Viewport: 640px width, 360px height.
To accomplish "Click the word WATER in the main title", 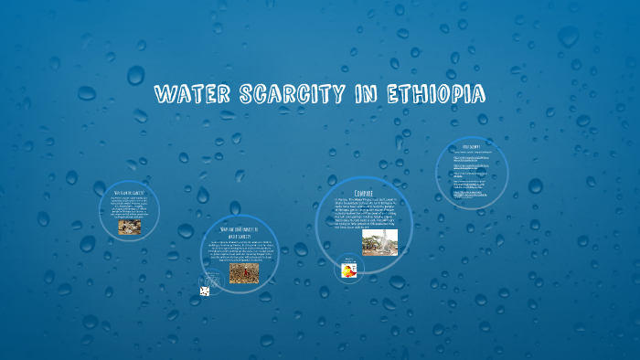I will pos(189,94).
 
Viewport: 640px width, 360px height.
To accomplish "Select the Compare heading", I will pos(364,193).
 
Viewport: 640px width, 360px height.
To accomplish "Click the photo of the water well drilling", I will pos(379,241).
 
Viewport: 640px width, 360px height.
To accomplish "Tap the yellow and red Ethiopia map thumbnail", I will pos(349,270).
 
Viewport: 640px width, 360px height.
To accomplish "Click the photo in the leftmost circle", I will pos(129,226).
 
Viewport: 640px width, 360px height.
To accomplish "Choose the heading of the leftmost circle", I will pos(129,194).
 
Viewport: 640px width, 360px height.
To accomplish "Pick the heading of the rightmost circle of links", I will pos(472,146).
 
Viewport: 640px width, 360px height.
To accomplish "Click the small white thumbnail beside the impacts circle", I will pos(205,291).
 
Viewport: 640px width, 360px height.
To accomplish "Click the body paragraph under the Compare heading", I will pos(363,214).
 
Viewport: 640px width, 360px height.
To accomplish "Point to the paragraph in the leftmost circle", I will pos(129,207).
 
